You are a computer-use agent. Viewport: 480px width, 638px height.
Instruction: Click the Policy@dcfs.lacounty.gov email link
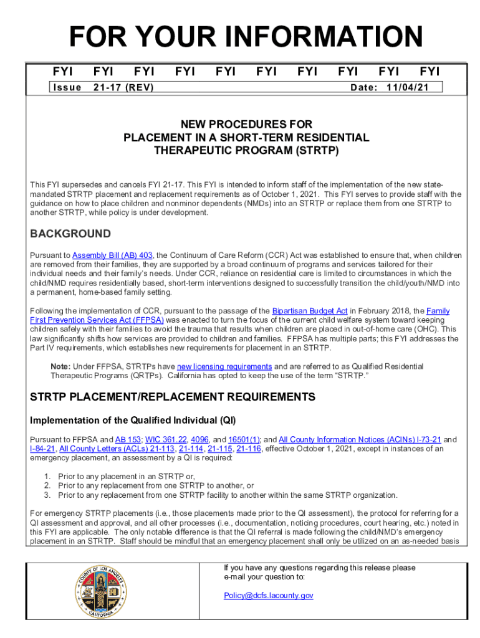(x=268, y=596)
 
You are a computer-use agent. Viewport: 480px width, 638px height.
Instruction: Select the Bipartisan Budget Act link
(x=310, y=311)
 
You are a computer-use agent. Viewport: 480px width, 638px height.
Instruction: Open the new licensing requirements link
(x=224, y=366)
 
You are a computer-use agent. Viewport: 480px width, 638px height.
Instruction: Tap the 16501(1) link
(x=244, y=439)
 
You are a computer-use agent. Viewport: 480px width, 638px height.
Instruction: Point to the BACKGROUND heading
(x=70, y=234)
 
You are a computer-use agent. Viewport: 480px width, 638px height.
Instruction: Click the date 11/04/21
(x=407, y=87)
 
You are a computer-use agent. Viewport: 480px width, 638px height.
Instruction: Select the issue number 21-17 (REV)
(x=123, y=87)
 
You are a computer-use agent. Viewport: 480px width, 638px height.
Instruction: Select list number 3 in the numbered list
(x=47, y=495)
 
